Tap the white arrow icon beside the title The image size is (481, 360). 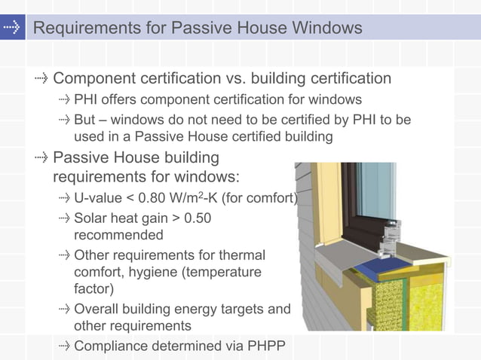pyautogui.click(x=11, y=29)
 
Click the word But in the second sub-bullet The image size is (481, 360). pyautogui.click(x=85, y=121)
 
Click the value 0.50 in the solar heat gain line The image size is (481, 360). pyautogui.click(x=198, y=219)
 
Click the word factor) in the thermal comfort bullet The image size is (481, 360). pyautogui.click(x=94, y=288)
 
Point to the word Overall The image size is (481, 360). pyautogui.click(x=96, y=309)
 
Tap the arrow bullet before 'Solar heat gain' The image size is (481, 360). pyautogui.click(x=64, y=219)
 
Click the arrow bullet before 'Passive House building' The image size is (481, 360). pyautogui.click(x=41, y=158)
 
